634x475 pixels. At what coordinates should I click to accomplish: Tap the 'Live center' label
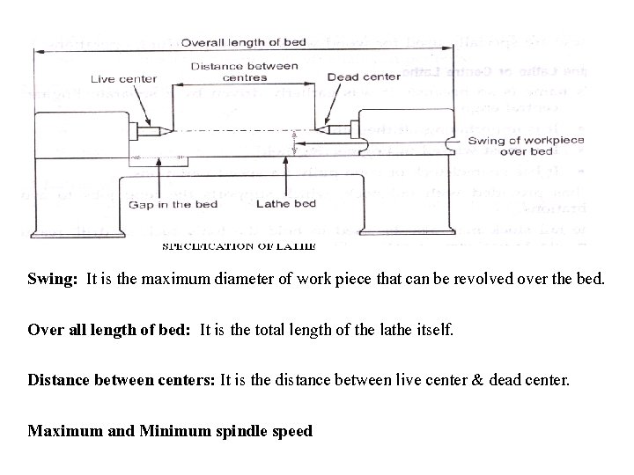[124, 78]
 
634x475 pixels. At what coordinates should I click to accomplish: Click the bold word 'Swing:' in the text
[53, 280]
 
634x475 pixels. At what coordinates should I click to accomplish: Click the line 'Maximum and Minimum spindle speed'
[170, 432]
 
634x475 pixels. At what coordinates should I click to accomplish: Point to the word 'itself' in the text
[435, 331]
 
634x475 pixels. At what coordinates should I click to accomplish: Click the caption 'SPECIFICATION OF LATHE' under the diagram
[239, 246]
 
